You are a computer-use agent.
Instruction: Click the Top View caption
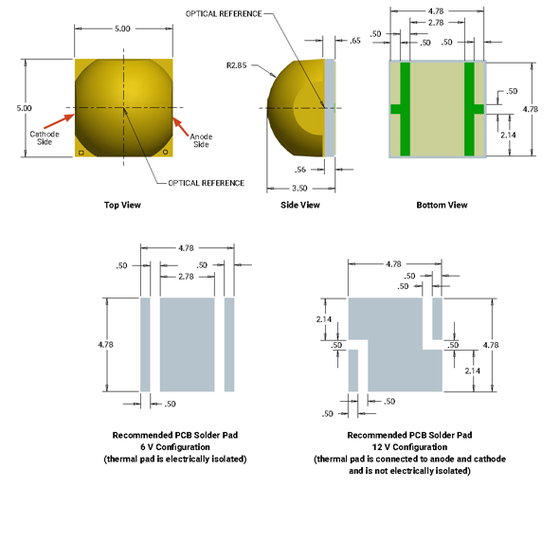pos(122,205)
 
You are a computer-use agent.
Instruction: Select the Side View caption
pos(300,205)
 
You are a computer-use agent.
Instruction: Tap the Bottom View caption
pos(442,205)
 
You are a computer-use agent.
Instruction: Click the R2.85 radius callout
pos(237,65)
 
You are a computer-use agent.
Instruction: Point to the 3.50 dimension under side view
pos(299,189)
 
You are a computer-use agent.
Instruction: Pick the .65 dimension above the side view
pos(355,41)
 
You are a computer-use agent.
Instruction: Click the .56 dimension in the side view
pos(300,170)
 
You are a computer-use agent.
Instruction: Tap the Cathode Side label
pos(45,137)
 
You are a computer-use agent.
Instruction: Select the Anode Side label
pos(201,140)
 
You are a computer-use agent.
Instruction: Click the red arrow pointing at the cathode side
pos(60,121)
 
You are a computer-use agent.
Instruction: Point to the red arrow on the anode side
pos(180,127)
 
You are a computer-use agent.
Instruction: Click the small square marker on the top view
pos(81,153)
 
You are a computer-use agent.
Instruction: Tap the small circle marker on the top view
pos(166,153)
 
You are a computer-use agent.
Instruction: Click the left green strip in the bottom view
pos(405,109)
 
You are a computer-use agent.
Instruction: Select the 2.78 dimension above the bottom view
pos(436,23)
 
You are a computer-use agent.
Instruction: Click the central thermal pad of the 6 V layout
pos(188,345)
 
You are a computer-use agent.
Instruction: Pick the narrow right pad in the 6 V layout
pos(229,345)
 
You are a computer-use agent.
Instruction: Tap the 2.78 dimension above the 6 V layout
pos(186,277)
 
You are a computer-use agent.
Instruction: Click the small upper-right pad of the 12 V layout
pos(437,318)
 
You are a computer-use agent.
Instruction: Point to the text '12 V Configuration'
pos(409,447)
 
